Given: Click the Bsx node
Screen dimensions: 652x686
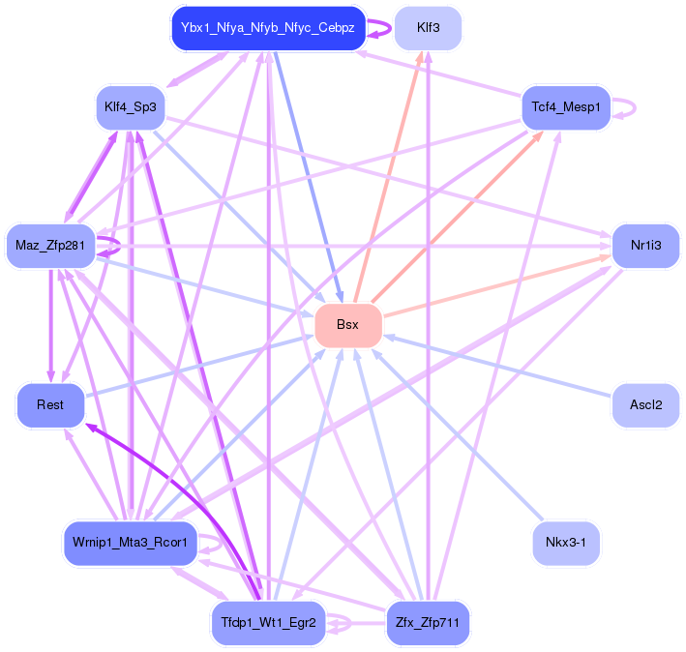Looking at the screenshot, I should point(348,325).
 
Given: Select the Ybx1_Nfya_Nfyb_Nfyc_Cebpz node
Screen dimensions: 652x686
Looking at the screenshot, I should point(268,28).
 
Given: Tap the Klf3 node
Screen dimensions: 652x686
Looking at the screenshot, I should point(428,28).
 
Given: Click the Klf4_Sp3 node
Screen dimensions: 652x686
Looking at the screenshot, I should point(130,105).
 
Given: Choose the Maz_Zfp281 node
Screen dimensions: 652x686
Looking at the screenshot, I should point(50,246).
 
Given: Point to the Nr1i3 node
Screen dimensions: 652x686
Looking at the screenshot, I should point(645,246).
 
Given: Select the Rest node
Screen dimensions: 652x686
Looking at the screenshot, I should point(50,404).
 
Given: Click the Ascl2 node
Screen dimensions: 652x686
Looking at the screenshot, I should point(645,404).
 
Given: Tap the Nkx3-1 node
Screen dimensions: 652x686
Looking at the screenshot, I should point(566,543).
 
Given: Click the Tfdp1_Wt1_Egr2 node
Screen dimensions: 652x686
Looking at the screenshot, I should point(268,623).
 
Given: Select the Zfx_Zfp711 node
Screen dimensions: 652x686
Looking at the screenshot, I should point(428,623).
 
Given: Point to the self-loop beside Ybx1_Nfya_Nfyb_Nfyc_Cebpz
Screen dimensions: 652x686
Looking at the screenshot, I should point(385,28).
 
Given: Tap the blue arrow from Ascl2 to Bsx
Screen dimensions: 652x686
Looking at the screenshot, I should point(503,368).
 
